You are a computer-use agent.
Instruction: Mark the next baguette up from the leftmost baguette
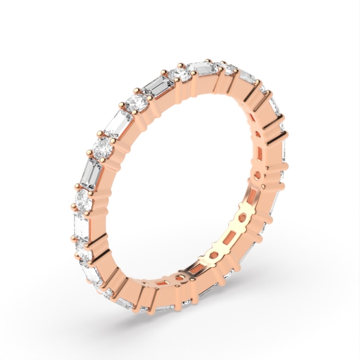click(92, 174)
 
